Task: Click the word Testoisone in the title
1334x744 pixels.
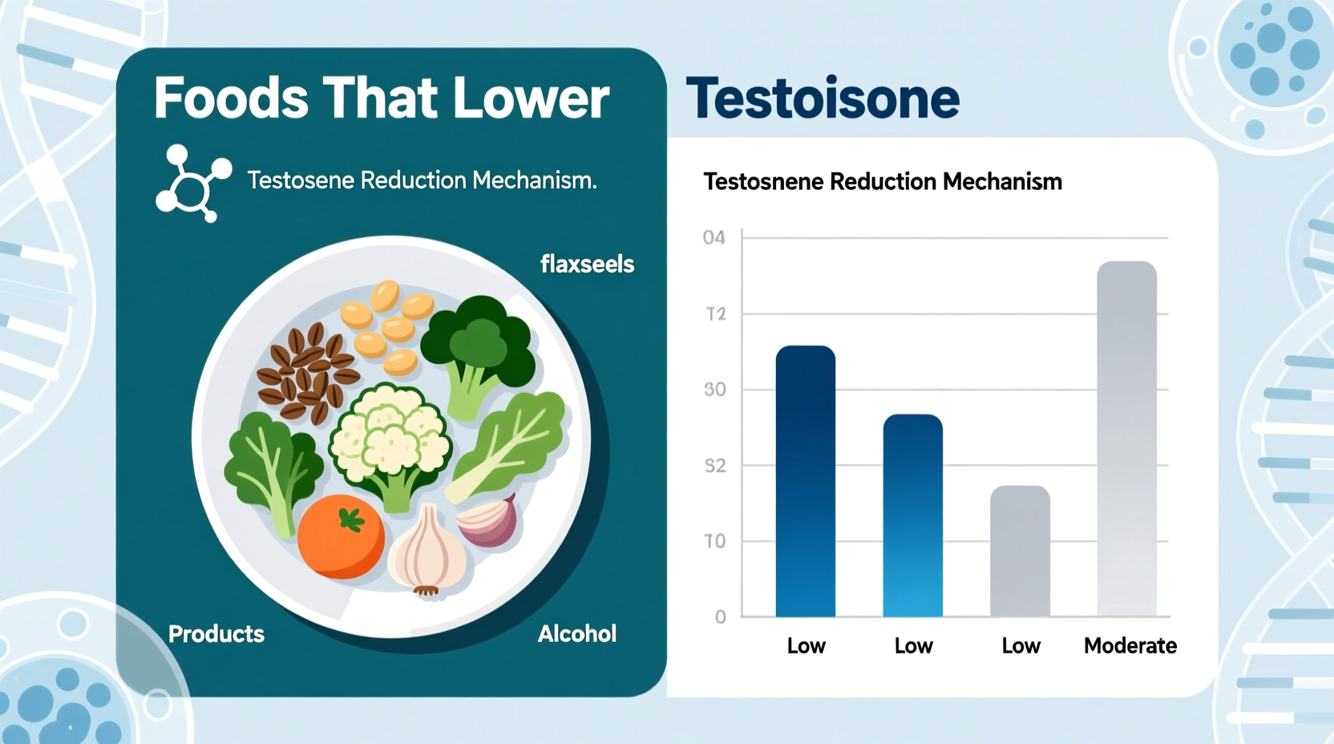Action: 823,99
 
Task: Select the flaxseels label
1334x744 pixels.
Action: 587,264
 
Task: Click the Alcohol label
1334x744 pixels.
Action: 576,634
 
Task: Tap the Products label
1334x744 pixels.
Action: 216,634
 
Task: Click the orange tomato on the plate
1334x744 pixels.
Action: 340,536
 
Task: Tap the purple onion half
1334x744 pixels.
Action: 488,521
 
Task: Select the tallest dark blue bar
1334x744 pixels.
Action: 805,481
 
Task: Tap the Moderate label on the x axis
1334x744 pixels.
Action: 1130,645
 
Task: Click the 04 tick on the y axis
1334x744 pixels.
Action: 713,238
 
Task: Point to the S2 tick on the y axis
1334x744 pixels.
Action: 714,466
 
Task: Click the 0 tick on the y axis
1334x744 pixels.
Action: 720,617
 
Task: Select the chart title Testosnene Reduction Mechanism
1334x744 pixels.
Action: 882,182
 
